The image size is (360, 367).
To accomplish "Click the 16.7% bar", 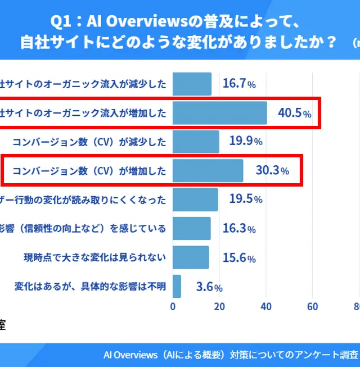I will coord(192,84).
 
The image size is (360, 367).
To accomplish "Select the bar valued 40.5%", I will coord(219,113).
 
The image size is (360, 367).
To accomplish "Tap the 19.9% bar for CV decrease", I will coord(195,142).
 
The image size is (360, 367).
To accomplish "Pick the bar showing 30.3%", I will coord(208,171).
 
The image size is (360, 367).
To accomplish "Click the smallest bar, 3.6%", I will coord(177,287).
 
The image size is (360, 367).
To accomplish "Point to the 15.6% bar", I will coord(191,258).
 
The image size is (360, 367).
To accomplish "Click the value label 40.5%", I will coord(294,113).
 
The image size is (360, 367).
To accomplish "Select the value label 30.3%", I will coord(272,171).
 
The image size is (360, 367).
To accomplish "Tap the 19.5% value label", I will coord(246,200).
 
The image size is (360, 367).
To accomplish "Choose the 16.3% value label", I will coord(239,229).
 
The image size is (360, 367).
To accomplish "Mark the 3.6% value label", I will coord(209,287).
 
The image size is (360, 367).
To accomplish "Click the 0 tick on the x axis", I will coord(173,306).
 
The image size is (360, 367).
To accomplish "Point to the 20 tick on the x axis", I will coord(219,306).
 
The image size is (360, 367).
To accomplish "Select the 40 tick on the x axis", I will coord(266,306).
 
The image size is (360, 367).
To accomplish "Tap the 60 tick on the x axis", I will coord(313,306).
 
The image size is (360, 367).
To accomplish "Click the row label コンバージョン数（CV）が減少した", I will coord(89,142).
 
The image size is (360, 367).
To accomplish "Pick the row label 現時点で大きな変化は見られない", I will coord(94,258).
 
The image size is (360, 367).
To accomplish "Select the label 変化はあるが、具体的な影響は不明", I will coord(90,287).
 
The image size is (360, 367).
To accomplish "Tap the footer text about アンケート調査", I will coord(231,355).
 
